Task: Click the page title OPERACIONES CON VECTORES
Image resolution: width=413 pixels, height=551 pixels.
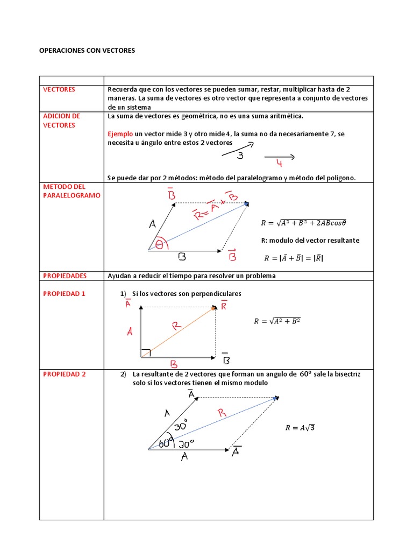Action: coord(88,50)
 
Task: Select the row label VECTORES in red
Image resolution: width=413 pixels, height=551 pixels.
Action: coord(59,89)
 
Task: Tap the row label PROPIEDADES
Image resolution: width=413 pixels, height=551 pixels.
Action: coord(65,275)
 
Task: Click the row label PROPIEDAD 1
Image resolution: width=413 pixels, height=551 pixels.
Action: coord(64,294)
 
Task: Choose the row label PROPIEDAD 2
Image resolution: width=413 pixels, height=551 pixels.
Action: coord(64,374)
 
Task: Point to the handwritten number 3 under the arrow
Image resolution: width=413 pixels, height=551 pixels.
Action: coord(240,156)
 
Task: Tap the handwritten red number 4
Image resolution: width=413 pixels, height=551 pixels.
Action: coord(279,164)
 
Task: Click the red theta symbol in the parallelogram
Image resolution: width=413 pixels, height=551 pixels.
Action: coord(159,245)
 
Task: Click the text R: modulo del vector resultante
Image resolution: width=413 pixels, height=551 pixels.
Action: coord(310,241)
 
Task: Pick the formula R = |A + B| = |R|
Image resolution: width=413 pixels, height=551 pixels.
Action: coord(294,258)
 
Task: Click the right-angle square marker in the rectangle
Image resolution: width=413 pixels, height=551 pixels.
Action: coord(145,353)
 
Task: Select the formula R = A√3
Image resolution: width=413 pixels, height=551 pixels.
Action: coord(300,428)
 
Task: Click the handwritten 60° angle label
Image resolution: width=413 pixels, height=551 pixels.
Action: coord(166,443)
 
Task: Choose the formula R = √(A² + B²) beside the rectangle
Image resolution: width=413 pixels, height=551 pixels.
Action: coord(276,321)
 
